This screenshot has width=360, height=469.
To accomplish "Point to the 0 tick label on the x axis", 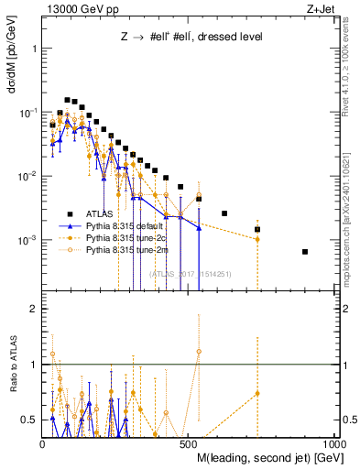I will [x=43, y=442].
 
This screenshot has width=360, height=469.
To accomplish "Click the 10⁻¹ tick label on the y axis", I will [x=30, y=112].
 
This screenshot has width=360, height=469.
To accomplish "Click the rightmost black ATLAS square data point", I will [x=305, y=252].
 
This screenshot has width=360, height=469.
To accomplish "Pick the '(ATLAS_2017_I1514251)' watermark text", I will [x=191, y=272].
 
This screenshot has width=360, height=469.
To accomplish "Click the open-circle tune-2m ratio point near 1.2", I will [x=199, y=352].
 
